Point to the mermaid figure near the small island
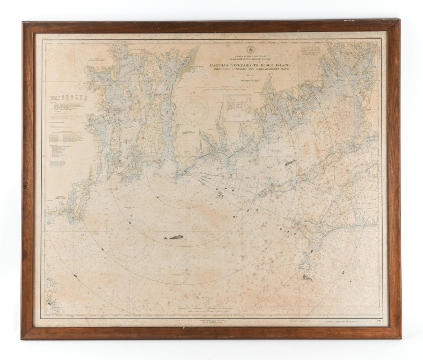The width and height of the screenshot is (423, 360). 307,278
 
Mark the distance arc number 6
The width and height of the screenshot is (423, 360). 226,188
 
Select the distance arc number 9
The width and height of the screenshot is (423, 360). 234,217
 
